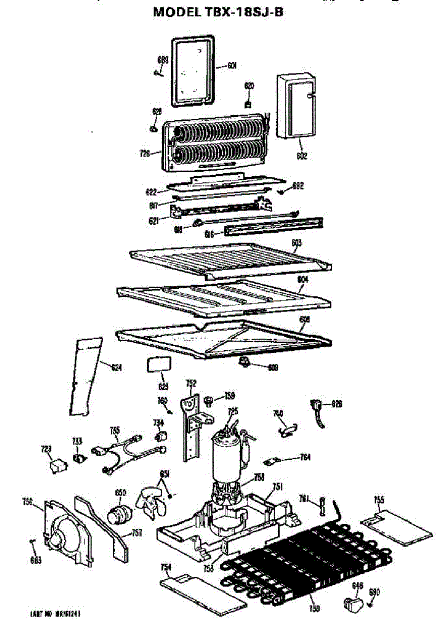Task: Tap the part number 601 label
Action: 232,66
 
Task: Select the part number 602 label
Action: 301,155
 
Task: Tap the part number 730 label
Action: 313,609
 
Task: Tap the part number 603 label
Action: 297,243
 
